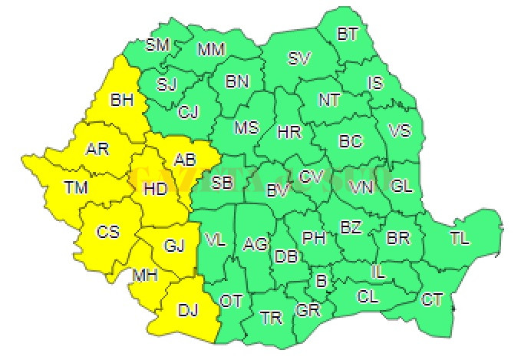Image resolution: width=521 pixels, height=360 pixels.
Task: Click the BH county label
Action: [x=122, y=99]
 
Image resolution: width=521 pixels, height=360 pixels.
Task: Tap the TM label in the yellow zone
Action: [x=76, y=187]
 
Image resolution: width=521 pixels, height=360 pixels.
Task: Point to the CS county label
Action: [x=107, y=230]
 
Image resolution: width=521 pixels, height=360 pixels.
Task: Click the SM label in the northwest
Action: [x=157, y=45]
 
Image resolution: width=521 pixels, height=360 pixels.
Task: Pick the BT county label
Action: [x=348, y=34]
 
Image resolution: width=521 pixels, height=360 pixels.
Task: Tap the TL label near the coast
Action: [x=460, y=239]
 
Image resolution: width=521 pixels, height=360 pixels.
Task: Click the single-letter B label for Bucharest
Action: [x=322, y=282]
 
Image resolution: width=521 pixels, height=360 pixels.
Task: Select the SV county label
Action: [x=299, y=58]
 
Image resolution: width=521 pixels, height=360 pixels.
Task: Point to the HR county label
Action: [x=289, y=132]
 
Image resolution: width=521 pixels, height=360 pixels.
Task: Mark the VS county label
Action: [x=400, y=130]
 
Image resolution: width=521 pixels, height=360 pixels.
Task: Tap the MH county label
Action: [x=145, y=275]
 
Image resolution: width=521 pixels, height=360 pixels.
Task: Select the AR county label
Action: [x=97, y=149]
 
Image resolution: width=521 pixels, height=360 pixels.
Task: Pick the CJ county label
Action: [x=188, y=112]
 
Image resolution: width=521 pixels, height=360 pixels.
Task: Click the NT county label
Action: [x=329, y=100]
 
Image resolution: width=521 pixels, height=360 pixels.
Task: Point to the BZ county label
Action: [x=351, y=227]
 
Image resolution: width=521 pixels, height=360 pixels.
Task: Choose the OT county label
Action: [x=231, y=301]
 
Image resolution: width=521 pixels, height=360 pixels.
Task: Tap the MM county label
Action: [x=211, y=50]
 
